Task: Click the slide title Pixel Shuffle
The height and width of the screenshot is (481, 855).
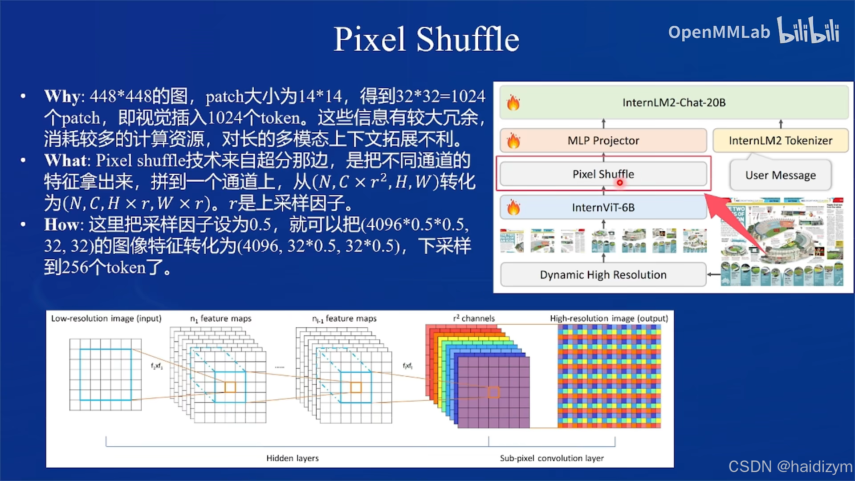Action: (x=426, y=39)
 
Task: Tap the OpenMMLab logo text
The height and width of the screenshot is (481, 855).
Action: (x=719, y=32)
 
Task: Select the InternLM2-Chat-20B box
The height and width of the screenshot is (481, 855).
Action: (x=674, y=102)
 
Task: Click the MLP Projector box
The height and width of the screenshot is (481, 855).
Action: (x=603, y=141)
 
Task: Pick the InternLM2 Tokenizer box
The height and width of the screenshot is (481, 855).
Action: (x=780, y=141)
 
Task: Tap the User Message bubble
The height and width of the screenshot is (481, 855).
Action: (x=780, y=175)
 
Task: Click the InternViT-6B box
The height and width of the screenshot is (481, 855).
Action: (x=603, y=208)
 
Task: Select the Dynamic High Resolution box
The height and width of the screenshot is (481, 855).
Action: (x=603, y=275)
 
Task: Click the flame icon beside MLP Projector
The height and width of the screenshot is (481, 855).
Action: (x=513, y=141)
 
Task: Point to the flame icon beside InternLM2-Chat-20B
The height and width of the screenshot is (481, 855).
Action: (x=513, y=103)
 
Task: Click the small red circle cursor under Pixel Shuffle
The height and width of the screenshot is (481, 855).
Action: (x=619, y=183)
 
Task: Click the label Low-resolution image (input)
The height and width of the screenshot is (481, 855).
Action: (x=106, y=318)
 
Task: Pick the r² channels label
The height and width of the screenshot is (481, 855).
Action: (x=474, y=318)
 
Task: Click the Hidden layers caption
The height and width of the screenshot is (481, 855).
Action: (x=293, y=458)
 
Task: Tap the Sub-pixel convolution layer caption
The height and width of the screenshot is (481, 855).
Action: (x=552, y=458)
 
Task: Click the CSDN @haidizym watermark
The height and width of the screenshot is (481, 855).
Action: (x=790, y=466)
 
